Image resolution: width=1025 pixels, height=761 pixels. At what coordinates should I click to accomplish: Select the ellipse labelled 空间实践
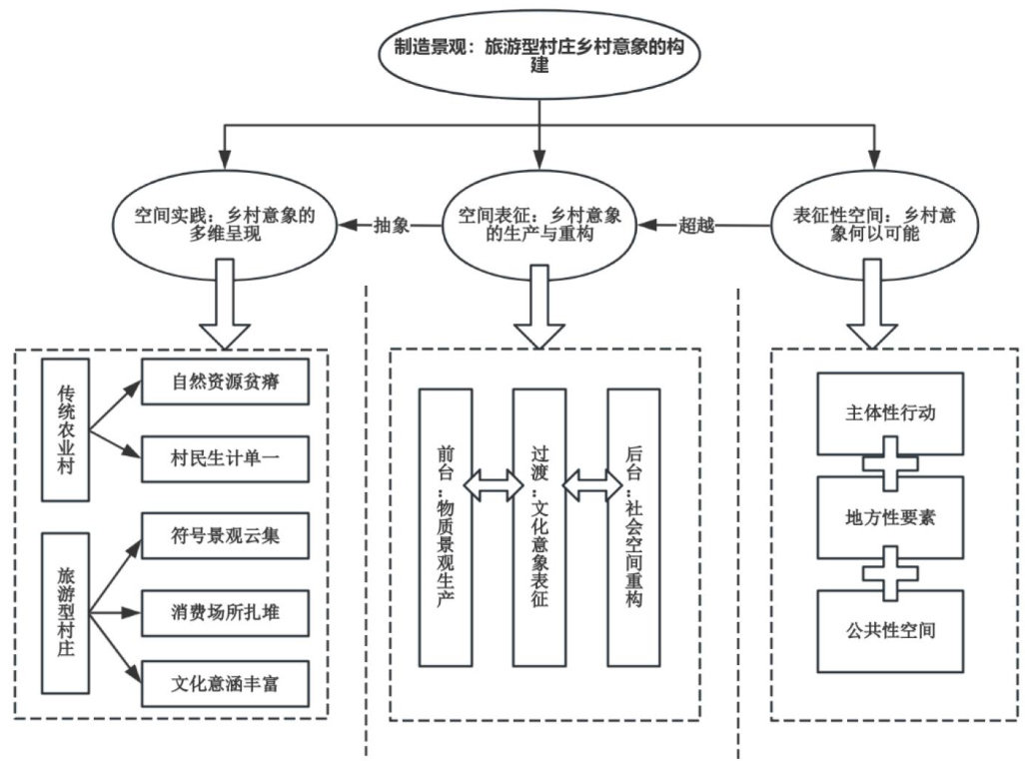[224, 225]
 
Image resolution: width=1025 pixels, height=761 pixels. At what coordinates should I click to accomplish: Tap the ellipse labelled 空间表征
[539, 225]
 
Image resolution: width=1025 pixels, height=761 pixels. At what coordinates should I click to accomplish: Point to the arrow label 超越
[696, 225]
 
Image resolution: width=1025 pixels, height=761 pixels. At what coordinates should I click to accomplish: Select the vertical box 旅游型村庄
[66, 612]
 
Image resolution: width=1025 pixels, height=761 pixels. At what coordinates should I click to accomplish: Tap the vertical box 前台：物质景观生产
[445, 527]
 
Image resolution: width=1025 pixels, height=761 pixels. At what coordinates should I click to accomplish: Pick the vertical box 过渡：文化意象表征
[538, 527]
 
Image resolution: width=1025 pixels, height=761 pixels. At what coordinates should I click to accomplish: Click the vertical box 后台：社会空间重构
[633, 527]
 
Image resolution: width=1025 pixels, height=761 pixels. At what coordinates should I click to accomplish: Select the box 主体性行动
[890, 411]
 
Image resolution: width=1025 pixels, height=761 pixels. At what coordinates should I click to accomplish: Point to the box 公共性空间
[890, 630]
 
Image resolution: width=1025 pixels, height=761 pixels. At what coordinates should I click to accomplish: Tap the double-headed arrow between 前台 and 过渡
[492, 486]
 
